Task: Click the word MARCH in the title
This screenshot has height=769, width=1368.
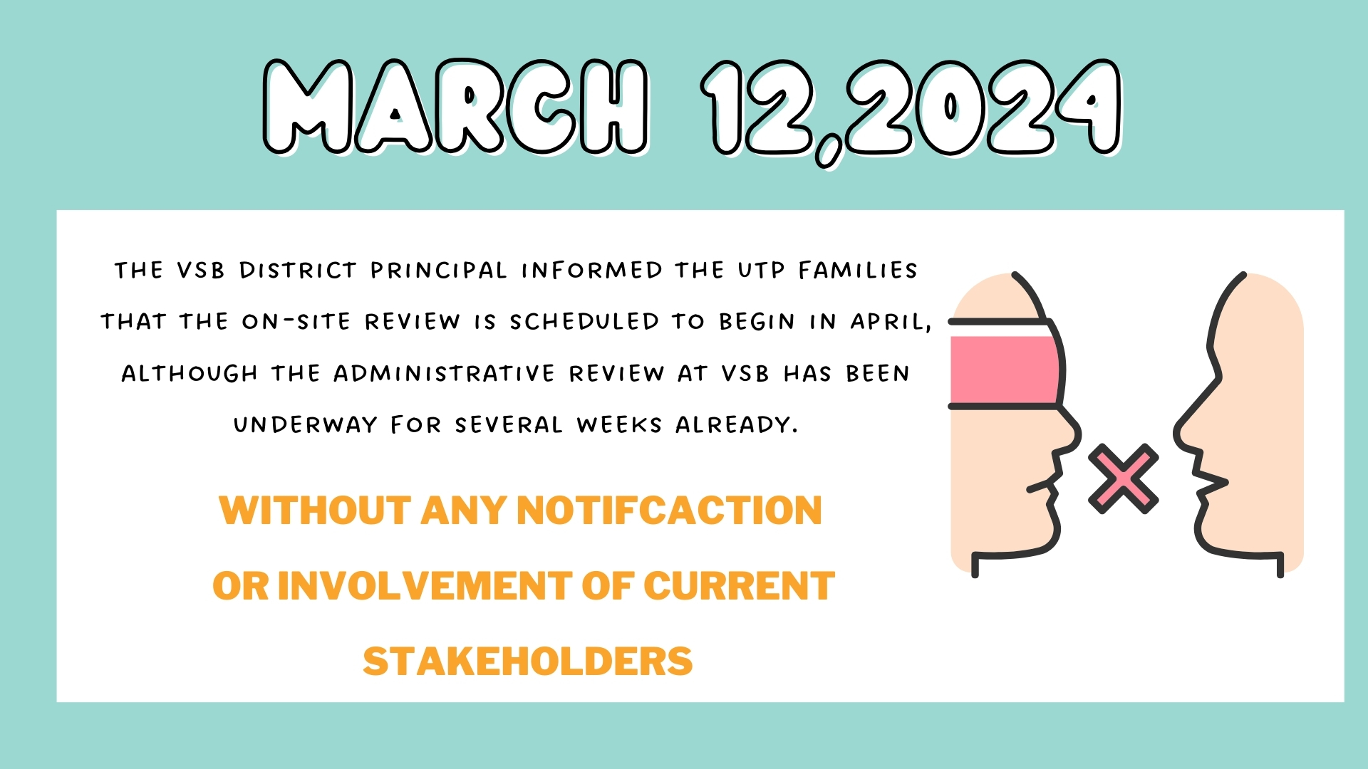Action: pos(456,107)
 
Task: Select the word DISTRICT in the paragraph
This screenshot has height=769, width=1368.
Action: pos(298,271)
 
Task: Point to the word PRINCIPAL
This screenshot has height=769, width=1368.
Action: pos(439,271)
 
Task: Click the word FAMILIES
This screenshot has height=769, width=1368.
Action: pos(858,271)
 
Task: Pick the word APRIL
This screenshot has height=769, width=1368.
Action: pos(891,323)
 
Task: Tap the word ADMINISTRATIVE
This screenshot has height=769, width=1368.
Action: pos(444,374)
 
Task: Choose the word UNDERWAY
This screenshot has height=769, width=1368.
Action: pos(305,425)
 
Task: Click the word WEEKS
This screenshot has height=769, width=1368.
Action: pos(619,425)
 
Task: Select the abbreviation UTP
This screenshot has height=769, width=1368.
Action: pos(762,271)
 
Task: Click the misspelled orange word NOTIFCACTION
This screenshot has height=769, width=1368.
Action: pos(669,511)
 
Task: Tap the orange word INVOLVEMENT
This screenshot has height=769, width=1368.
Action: pos(425,586)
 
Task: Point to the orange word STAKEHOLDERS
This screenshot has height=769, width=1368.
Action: pos(528,661)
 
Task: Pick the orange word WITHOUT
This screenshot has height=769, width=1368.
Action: pos(315,511)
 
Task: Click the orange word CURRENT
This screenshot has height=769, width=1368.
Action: pos(739,586)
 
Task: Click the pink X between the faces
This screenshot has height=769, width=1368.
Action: pos(1124,478)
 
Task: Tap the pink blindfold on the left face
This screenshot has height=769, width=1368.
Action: pos(1005,370)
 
